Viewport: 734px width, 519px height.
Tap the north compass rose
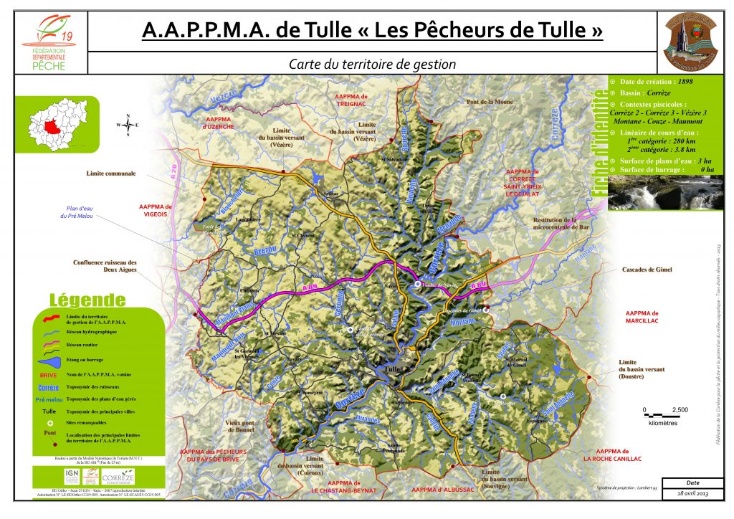[x=128, y=125]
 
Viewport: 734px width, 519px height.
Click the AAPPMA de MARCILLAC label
[x=651, y=318]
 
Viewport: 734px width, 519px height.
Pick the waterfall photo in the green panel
[x=665, y=192]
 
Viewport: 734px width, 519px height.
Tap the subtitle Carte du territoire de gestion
[x=372, y=64]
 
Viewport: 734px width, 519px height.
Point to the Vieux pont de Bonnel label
[x=240, y=427]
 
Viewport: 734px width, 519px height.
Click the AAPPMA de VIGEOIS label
[x=156, y=210]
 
